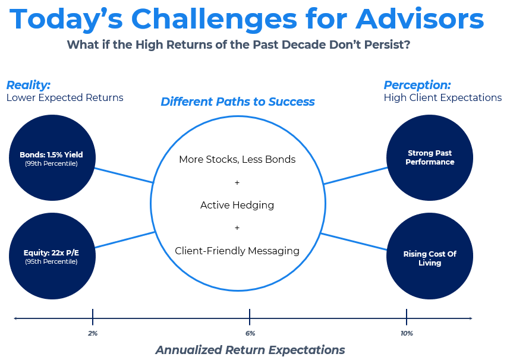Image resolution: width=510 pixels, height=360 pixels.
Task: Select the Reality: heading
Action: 29,84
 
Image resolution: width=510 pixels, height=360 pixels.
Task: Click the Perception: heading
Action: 417,84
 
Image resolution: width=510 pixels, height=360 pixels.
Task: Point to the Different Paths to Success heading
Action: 238,102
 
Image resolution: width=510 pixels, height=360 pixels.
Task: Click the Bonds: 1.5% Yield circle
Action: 52,157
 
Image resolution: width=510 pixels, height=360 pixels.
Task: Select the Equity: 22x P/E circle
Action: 52,256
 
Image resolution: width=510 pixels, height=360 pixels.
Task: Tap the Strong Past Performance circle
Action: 430,157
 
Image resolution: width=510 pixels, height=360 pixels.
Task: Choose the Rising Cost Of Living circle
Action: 430,257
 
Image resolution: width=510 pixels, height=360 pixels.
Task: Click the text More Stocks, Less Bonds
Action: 237,159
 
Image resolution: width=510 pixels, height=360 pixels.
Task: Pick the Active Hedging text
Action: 237,205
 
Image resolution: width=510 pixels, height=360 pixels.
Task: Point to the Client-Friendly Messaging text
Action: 237,251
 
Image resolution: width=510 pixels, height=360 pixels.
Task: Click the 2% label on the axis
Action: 93,334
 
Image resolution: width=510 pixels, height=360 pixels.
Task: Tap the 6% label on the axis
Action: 250,334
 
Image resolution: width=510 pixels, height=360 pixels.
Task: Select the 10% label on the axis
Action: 407,334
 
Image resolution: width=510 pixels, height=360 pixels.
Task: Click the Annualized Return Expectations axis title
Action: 250,350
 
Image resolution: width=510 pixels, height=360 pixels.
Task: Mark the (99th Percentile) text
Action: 51,163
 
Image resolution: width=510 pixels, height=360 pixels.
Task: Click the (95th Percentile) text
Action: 51,261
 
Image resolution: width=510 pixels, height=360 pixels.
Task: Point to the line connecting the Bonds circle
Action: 124,175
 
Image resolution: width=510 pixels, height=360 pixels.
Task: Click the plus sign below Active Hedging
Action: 237,228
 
